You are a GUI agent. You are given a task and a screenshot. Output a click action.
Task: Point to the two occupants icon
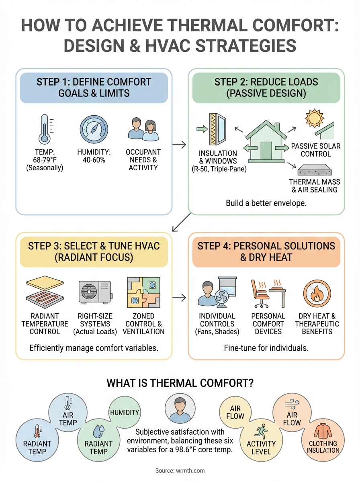click(143, 129)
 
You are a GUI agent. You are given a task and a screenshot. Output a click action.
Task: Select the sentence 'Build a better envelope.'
click(266, 203)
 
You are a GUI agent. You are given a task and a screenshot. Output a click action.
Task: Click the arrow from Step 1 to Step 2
click(180, 144)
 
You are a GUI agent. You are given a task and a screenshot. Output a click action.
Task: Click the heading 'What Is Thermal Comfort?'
click(180, 383)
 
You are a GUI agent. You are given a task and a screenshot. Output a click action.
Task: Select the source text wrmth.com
click(180, 470)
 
